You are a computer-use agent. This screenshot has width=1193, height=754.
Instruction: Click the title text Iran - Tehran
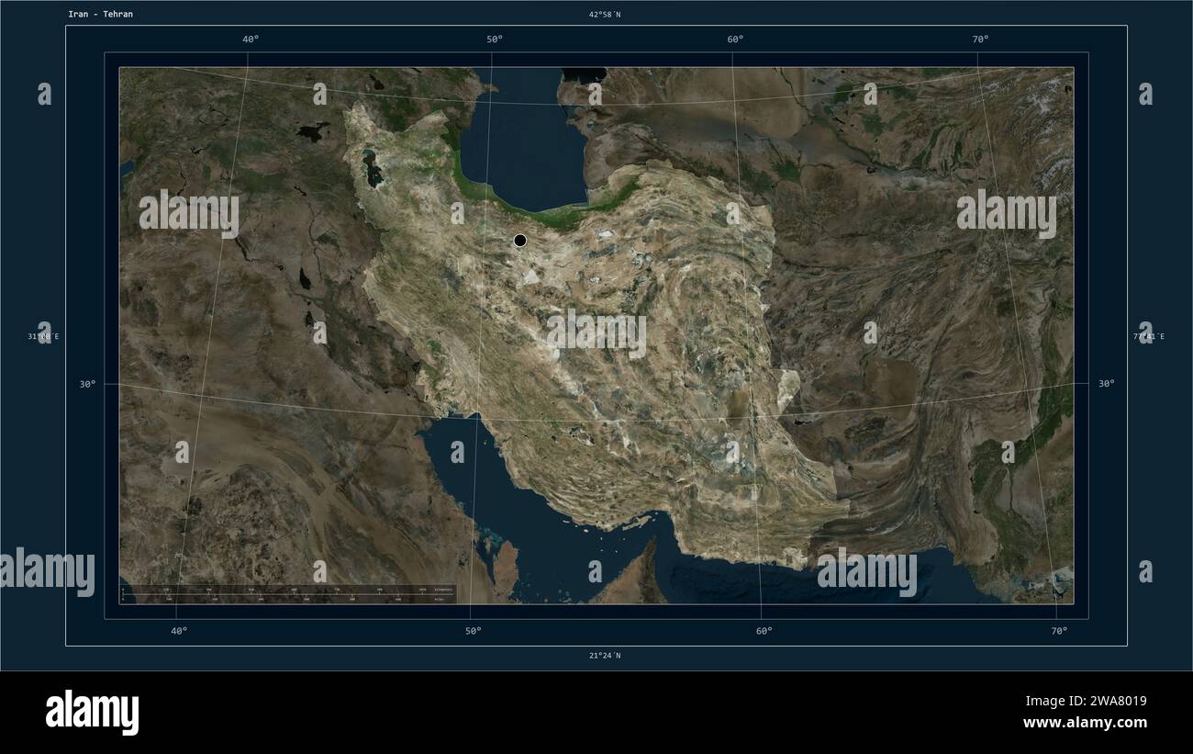100,15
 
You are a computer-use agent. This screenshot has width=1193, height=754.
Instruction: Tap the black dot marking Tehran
520,241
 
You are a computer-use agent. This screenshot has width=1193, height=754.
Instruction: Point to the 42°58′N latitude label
605,15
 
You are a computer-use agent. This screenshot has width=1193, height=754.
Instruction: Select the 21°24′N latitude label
605,656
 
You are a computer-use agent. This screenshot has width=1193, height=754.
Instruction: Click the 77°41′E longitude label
1148,337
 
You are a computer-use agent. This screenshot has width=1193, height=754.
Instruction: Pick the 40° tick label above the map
250,39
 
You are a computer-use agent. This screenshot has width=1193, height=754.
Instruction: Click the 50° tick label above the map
495,39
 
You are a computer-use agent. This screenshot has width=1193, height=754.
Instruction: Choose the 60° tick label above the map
735,39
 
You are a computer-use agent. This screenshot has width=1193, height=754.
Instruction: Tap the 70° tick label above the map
980,39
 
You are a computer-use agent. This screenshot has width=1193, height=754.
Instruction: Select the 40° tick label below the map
179,631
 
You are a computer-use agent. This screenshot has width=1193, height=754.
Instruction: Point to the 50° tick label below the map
473,631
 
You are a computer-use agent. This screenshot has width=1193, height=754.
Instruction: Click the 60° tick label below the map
764,631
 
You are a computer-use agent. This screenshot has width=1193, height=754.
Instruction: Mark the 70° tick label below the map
1059,631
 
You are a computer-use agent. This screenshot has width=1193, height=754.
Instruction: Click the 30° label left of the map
87,385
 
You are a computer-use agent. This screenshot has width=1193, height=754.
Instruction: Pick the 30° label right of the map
1107,385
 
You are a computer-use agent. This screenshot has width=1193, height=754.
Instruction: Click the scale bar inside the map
287,594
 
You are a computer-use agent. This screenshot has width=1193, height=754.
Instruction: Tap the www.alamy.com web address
1085,724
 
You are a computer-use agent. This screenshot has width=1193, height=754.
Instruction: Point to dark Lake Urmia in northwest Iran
374,170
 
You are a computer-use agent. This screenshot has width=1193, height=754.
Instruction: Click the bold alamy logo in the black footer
92,712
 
